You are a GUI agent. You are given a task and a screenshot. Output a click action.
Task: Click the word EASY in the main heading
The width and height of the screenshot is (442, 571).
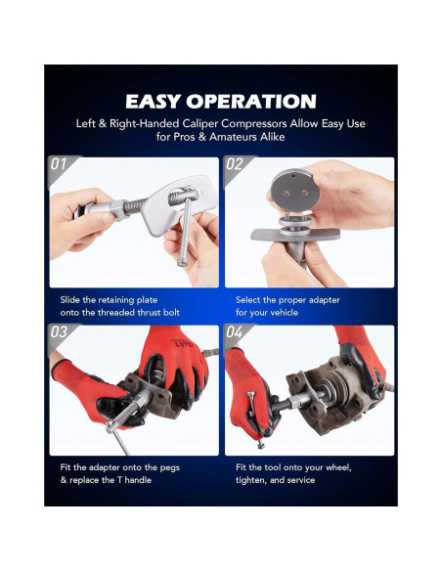click(153, 102)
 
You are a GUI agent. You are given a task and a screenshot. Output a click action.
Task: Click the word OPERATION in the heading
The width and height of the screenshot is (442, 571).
click(251, 102)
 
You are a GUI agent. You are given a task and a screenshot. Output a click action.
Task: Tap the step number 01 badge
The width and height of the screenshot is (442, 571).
click(59, 164)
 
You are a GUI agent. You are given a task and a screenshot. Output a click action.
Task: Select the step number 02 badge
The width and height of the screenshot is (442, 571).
click(234, 164)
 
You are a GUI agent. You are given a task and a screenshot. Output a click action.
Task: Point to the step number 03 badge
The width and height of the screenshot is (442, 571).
click(59, 332)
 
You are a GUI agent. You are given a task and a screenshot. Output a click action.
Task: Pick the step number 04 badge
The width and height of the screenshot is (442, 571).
click(234, 332)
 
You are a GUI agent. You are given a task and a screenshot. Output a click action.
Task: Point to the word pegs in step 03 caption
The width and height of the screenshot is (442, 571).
click(170, 468)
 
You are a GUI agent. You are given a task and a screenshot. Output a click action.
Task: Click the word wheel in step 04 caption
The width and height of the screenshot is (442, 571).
click(338, 467)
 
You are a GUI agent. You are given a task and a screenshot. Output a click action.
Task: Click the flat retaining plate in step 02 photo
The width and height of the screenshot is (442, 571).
click(295, 234)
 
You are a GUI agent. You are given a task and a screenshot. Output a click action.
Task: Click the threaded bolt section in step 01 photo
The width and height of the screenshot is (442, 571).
click(132, 206)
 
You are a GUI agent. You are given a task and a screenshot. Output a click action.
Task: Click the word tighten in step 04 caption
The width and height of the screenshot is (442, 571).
click(252, 480)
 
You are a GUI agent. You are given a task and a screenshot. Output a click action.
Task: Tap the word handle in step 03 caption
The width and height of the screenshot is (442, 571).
click(138, 480)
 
